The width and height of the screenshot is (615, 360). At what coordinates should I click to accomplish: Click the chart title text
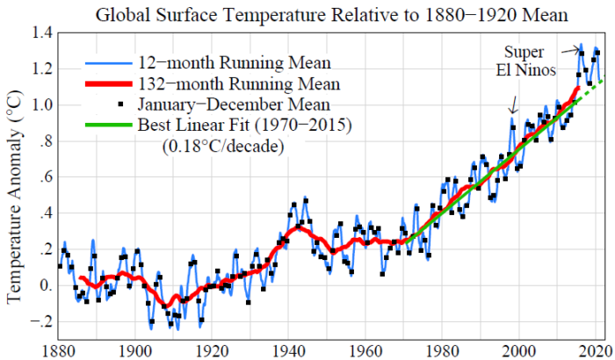coord(331,14)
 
